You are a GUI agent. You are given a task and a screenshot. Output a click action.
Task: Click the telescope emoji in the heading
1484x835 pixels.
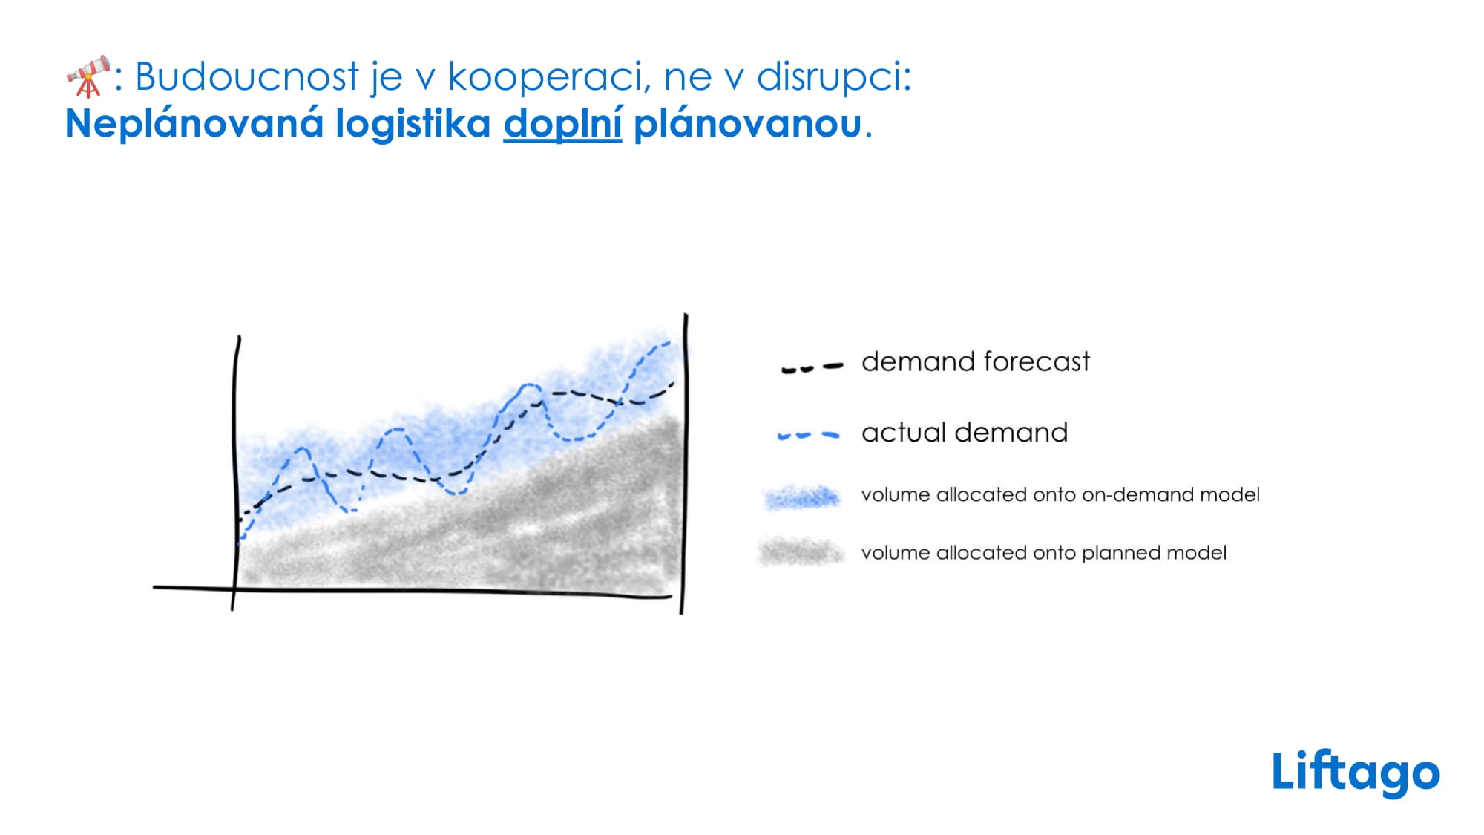[x=88, y=76]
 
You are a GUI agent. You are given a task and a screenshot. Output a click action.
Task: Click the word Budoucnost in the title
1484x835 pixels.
[x=247, y=76]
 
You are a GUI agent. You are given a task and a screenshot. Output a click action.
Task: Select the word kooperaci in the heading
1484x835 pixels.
[x=548, y=76]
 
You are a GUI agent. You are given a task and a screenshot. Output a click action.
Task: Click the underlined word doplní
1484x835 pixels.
[x=562, y=122]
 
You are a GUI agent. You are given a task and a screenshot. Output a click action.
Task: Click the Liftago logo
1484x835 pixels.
[x=1356, y=773]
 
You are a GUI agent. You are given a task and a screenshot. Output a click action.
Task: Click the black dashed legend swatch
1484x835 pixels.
[x=812, y=367]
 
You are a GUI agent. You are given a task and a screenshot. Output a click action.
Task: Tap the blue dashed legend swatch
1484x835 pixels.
[x=808, y=436]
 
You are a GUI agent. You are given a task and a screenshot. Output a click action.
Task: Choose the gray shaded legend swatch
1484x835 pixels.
[x=801, y=553]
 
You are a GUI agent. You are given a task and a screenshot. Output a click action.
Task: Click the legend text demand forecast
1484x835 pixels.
[x=975, y=361]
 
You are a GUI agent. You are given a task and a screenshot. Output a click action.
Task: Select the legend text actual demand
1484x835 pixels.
[x=965, y=432]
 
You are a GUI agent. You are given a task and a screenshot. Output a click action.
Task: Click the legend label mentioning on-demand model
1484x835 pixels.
[x=1060, y=494]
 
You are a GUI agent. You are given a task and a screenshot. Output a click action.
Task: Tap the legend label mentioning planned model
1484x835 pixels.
[x=1044, y=552]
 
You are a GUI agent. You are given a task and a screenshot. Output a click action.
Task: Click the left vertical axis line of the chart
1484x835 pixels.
[x=236, y=473]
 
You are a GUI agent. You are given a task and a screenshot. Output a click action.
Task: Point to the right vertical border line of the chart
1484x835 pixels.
[x=684, y=464]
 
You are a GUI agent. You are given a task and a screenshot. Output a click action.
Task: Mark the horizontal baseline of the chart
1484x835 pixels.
[x=413, y=590]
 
